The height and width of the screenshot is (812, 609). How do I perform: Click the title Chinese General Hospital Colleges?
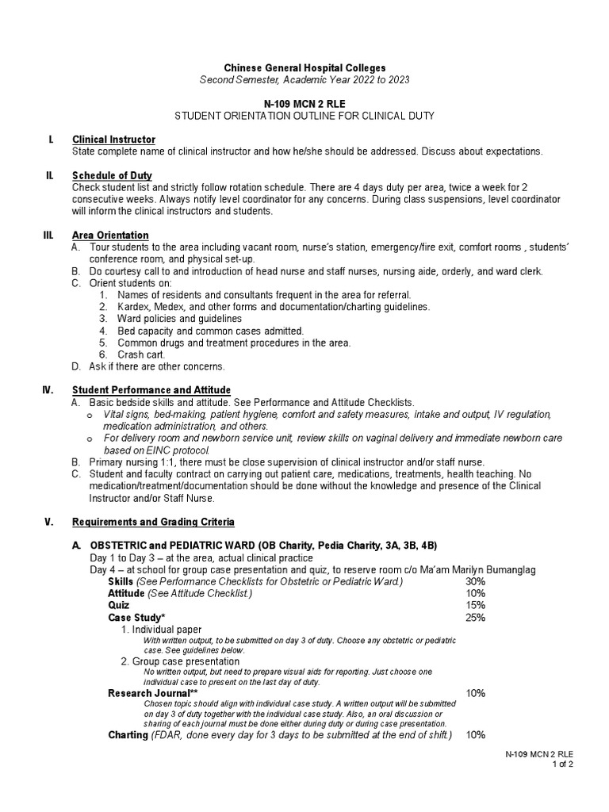pos(304,68)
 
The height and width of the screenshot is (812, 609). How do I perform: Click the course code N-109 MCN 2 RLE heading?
pos(304,104)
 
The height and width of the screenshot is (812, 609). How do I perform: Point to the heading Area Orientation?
pos(110,235)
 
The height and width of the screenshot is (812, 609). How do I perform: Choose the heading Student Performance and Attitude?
pos(151,390)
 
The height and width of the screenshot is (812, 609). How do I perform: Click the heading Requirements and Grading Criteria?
pos(153,522)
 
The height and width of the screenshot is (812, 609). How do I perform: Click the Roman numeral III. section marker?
pos(48,235)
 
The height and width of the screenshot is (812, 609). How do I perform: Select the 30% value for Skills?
pos(476,581)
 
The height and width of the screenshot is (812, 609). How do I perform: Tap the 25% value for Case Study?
pos(476,617)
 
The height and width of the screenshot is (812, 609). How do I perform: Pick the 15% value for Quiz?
pos(476,605)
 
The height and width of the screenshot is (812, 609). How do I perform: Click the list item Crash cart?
pos(141,354)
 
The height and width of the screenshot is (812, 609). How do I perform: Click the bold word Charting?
pos(128,735)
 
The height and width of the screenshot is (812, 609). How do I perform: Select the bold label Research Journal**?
pos(147,692)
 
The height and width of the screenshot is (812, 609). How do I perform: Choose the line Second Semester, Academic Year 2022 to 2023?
pos(304,80)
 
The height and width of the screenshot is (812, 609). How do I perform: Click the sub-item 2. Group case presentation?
pos(180,661)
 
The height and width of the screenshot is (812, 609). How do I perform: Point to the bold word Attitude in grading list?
pos(127,593)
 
